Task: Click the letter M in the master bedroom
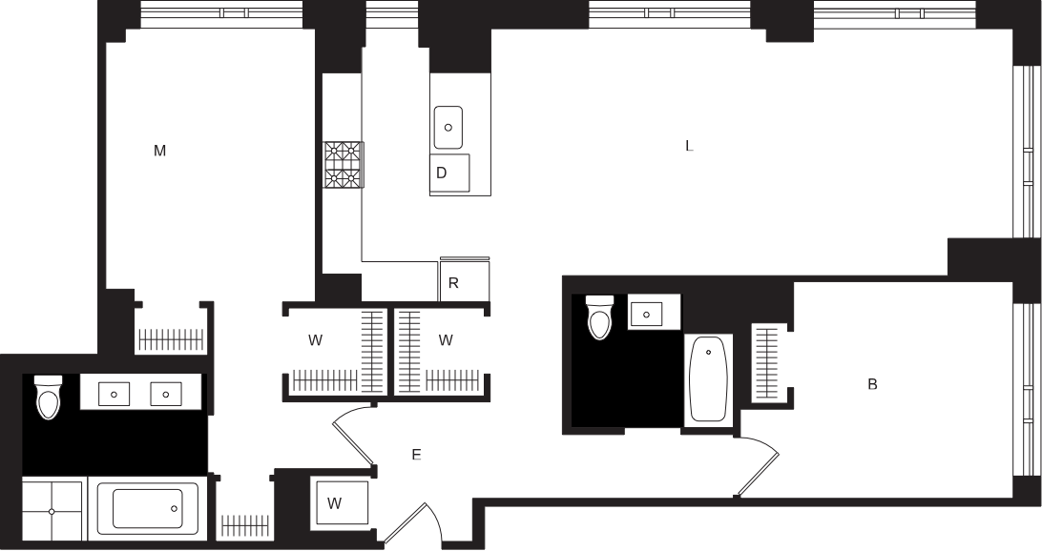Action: click(160, 151)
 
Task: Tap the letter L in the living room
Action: click(689, 147)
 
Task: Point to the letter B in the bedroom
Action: click(872, 384)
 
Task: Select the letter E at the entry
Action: click(416, 456)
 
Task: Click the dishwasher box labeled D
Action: click(449, 173)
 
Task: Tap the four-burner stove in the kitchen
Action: click(343, 165)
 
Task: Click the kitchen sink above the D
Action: click(448, 126)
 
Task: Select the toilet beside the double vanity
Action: click(48, 398)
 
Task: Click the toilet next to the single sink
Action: click(599, 317)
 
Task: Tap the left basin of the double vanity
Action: click(115, 392)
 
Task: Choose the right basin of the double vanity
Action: click(166, 392)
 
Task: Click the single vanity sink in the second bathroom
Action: click(648, 313)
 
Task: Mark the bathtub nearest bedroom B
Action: click(707, 379)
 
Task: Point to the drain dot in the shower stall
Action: click(52, 512)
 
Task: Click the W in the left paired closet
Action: click(314, 339)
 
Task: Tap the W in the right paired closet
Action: click(445, 339)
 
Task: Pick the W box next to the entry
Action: click(335, 503)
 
